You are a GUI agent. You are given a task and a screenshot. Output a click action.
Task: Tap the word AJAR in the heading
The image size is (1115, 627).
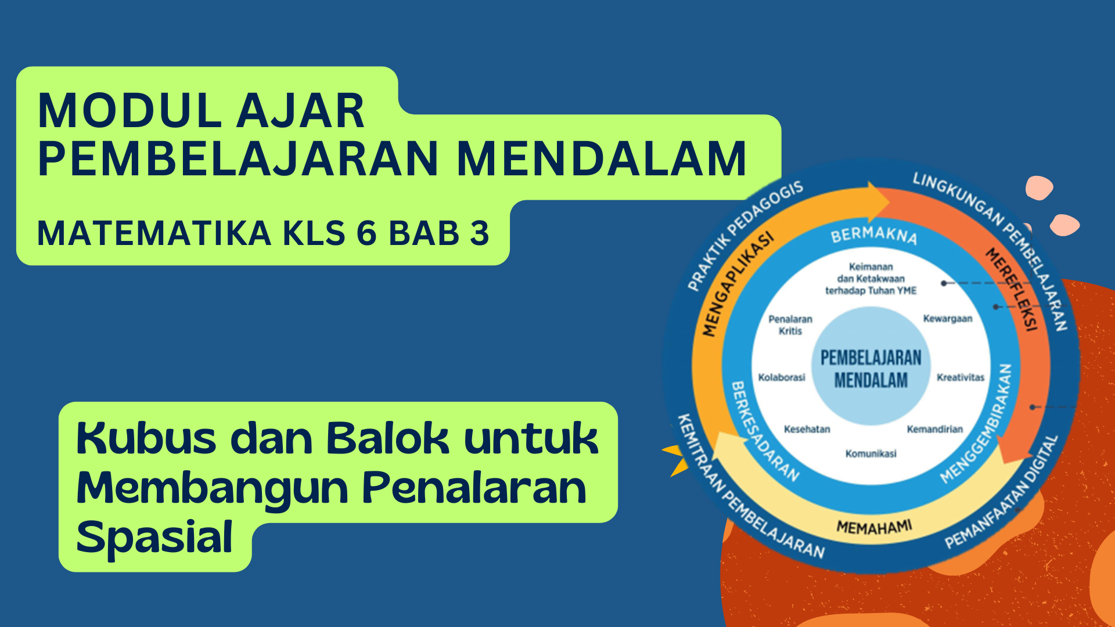click(301, 110)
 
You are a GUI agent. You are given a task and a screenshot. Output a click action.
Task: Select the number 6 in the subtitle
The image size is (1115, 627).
click(366, 233)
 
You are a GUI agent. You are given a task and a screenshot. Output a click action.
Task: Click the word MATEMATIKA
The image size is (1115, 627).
click(154, 233)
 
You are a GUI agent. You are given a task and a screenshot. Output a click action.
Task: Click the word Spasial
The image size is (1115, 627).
click(154, 538)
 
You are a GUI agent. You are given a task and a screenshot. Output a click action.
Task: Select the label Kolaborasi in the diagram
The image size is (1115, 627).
click(782, 377)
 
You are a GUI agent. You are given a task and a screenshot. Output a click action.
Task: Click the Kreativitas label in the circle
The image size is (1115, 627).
click(961, 377)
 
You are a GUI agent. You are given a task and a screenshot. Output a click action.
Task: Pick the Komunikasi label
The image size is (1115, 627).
click(871, 453)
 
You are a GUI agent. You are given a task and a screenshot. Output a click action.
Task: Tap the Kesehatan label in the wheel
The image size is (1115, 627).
click(807, 430)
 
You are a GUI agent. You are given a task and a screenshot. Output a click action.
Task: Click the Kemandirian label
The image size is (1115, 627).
click(935, 430)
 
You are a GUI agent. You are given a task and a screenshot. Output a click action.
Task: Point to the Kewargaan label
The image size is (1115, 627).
click(948, 319)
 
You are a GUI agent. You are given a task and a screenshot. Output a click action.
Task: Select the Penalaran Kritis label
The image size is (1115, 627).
click(790, 325)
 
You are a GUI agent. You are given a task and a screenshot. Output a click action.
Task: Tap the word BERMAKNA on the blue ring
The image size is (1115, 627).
click(874, 235)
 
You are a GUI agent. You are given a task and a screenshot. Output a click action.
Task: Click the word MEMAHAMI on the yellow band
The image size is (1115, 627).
click(875, 527)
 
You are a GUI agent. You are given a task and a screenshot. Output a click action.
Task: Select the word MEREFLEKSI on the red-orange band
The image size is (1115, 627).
click(1012, 289)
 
